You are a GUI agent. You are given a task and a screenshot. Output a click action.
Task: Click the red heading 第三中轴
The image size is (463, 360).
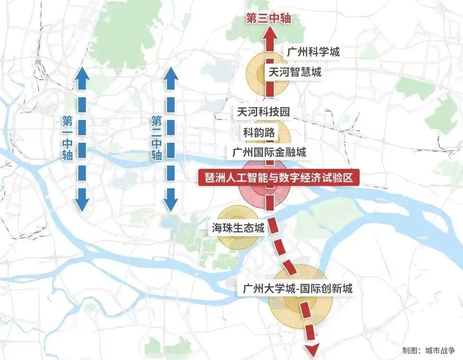[268, 18]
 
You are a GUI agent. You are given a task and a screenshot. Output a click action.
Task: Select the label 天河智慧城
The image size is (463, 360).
[295, 73]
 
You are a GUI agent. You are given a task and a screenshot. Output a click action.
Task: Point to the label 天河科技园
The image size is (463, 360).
[263, 111]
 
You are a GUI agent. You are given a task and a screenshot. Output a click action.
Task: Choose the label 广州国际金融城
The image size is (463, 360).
[269, 152]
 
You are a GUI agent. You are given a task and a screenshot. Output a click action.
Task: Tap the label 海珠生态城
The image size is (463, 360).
[238, 229]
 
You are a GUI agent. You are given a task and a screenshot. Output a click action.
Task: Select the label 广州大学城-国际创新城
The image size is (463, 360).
[297, 288]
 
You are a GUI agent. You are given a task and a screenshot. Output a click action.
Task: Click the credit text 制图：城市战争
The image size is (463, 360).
[428, 351]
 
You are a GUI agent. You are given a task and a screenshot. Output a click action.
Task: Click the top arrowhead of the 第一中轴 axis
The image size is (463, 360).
[82, 73]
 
